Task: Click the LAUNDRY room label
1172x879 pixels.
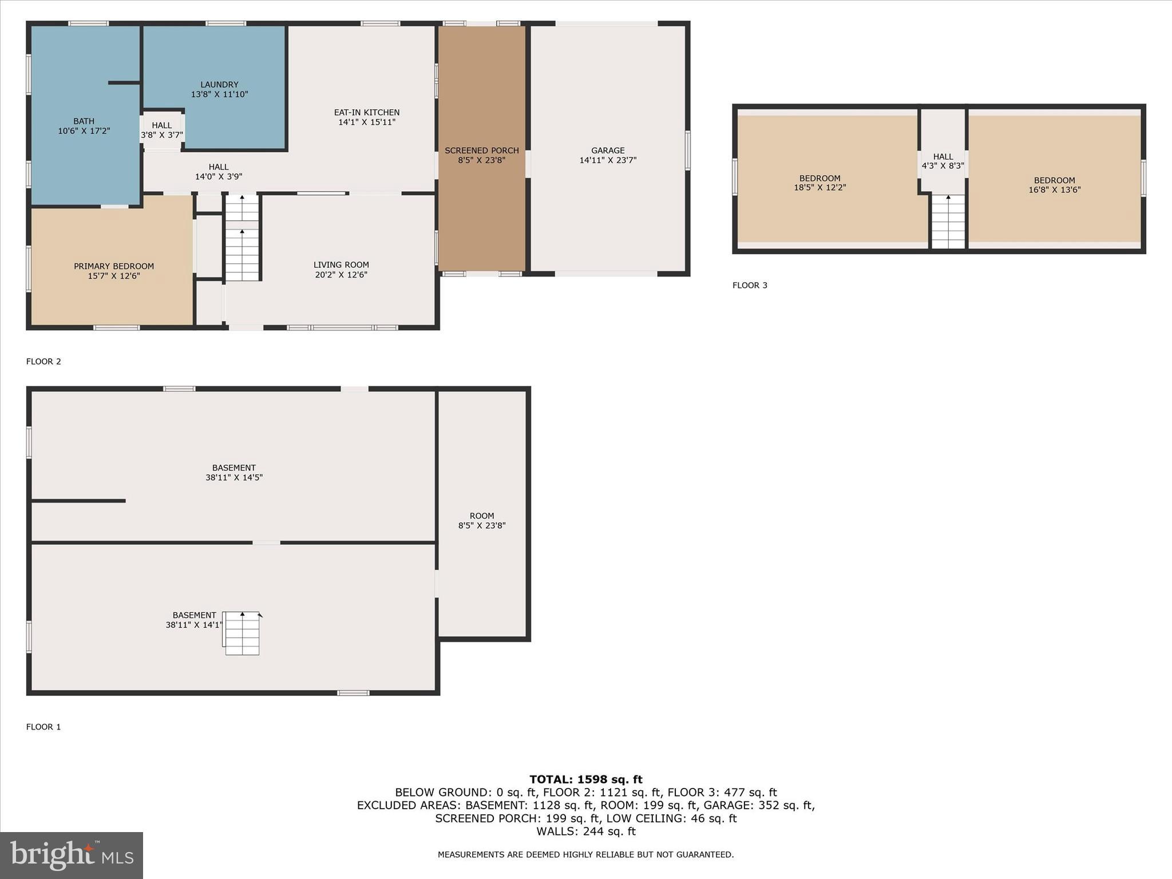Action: pyautogui.click(x=219, y=85)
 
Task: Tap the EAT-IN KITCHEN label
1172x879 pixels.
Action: pyautogui.click(x=367, y=113)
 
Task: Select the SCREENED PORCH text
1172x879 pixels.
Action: pyautogui.click(x=482, y=151)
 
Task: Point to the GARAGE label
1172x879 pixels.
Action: pyautogui.click(x=608, y=151)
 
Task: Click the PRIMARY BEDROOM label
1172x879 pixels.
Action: pyautogui.click(x=114, y=266)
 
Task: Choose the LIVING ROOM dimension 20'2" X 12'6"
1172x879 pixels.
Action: pyautogui.click(x=341, y=275)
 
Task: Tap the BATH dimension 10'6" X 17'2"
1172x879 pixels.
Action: pyautogui.click(x=84, y=131)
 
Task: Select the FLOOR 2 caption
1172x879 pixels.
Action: pyautogui.click(x=43, y=361)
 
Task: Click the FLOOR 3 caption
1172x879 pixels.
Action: pyautogui.click(x=750, y=285)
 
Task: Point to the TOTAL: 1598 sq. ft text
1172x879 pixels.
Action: pyautogui.click(x=585, y=779)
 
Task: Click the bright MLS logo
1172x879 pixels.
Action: pyautogui.click(x=72, y=856)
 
